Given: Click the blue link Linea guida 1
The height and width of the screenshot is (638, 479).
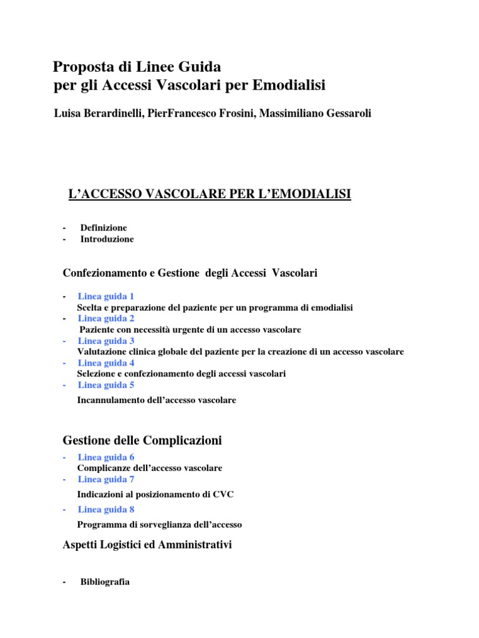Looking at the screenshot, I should click(106, 296).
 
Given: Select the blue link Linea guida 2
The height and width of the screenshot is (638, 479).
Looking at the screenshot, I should click(106, 318).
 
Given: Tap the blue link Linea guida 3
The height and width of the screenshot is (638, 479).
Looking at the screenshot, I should click(106, 341).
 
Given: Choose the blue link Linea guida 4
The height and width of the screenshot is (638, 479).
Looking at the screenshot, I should click(106, 363).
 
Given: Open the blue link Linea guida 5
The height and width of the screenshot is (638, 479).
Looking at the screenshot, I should click(106, 385).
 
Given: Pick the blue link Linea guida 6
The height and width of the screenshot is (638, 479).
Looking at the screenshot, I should click(106, 457).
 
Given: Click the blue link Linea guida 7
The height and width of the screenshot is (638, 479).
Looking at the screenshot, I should click(106, 479).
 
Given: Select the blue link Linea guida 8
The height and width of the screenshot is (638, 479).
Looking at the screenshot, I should click(106, 509).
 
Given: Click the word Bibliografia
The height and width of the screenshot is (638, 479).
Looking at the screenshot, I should click(105, 582).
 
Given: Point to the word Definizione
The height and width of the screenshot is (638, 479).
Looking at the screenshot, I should click(104, 228).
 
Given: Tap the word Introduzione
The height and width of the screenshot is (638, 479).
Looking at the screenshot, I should click(107, 239).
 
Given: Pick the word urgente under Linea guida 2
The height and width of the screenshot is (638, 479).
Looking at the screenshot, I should click(191, 330).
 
